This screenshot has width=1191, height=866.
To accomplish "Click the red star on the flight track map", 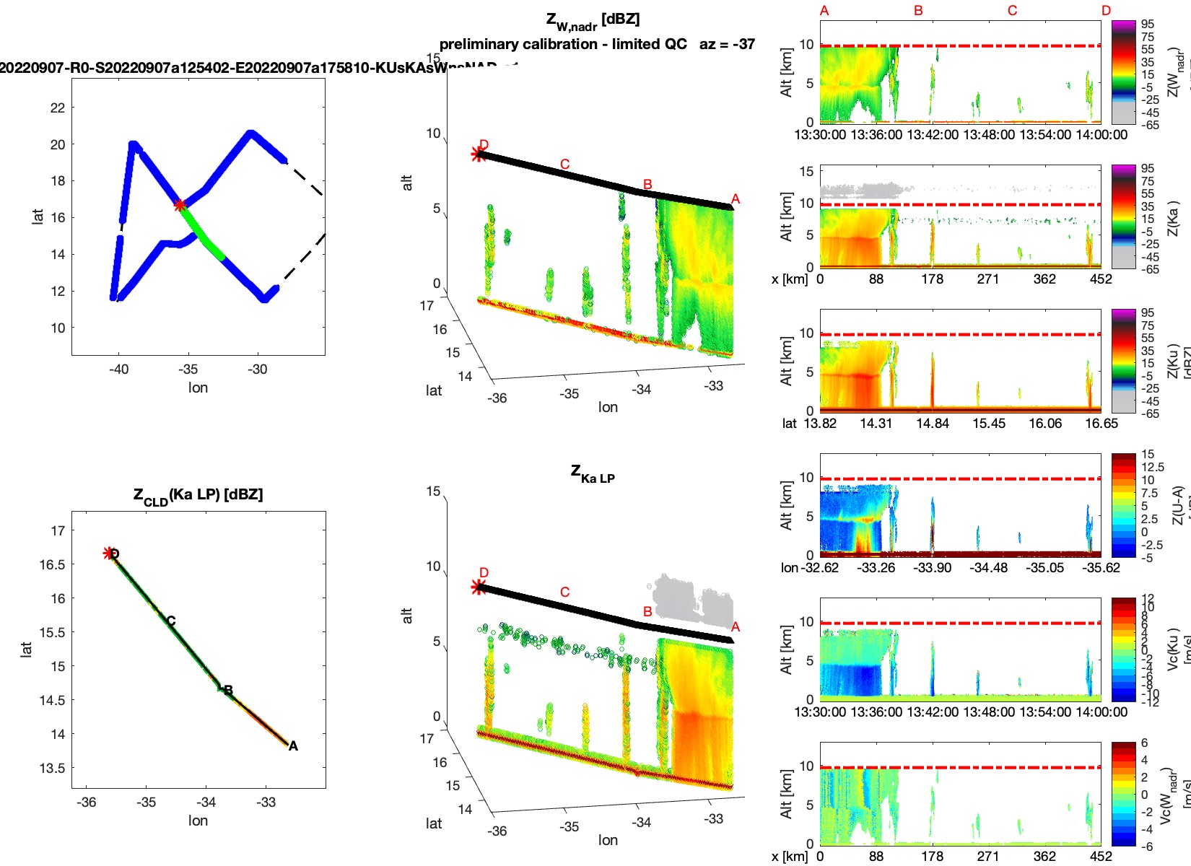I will (180, 205).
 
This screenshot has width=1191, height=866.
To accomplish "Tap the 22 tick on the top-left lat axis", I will (58, 108).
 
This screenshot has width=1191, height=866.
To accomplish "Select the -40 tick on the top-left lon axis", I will (118, 369).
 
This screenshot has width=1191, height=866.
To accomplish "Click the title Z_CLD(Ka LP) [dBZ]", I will (198, 496).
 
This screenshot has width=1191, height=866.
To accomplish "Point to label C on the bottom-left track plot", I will (171, 621).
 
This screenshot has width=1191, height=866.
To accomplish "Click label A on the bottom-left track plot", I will (293, 746).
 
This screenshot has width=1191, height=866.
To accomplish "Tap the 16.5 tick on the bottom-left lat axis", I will (52, 564).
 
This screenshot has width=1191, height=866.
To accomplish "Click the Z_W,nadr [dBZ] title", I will (593, 21).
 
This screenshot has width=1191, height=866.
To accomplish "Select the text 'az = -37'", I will (727, 44).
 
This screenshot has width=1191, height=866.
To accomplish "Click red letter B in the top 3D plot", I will (647, 185).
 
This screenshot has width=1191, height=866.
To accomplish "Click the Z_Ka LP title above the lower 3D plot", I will (593, 474).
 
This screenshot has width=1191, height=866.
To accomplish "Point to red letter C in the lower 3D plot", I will (564, 592).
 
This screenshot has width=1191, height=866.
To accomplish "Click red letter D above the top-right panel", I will (1106, 11).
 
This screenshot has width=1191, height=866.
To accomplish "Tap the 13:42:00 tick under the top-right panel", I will (933, 134).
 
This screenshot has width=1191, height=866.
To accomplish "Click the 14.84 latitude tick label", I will (933, 424).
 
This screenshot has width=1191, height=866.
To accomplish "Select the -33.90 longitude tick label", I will (933, 568).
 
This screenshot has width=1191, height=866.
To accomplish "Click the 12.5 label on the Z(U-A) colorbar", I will (1153, 467).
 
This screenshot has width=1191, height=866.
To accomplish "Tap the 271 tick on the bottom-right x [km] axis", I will (988, 856).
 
